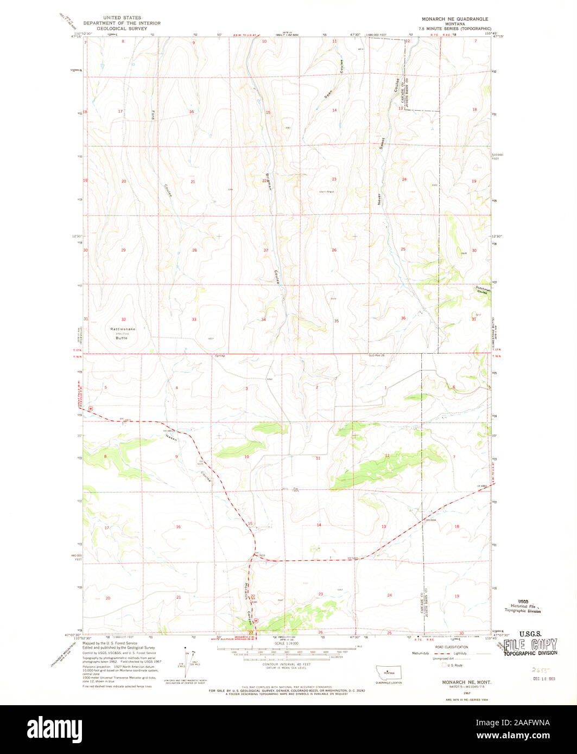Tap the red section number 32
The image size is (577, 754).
click(124, 320)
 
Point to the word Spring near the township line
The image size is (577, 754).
click(219, 356)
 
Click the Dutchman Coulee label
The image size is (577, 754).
click(483, 290)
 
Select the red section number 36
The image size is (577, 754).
click(403, 318)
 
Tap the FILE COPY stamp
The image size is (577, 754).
click(530, 645)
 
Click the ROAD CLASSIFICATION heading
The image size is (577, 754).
click(448, 647)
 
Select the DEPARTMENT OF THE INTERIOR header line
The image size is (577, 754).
click(125, 23)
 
